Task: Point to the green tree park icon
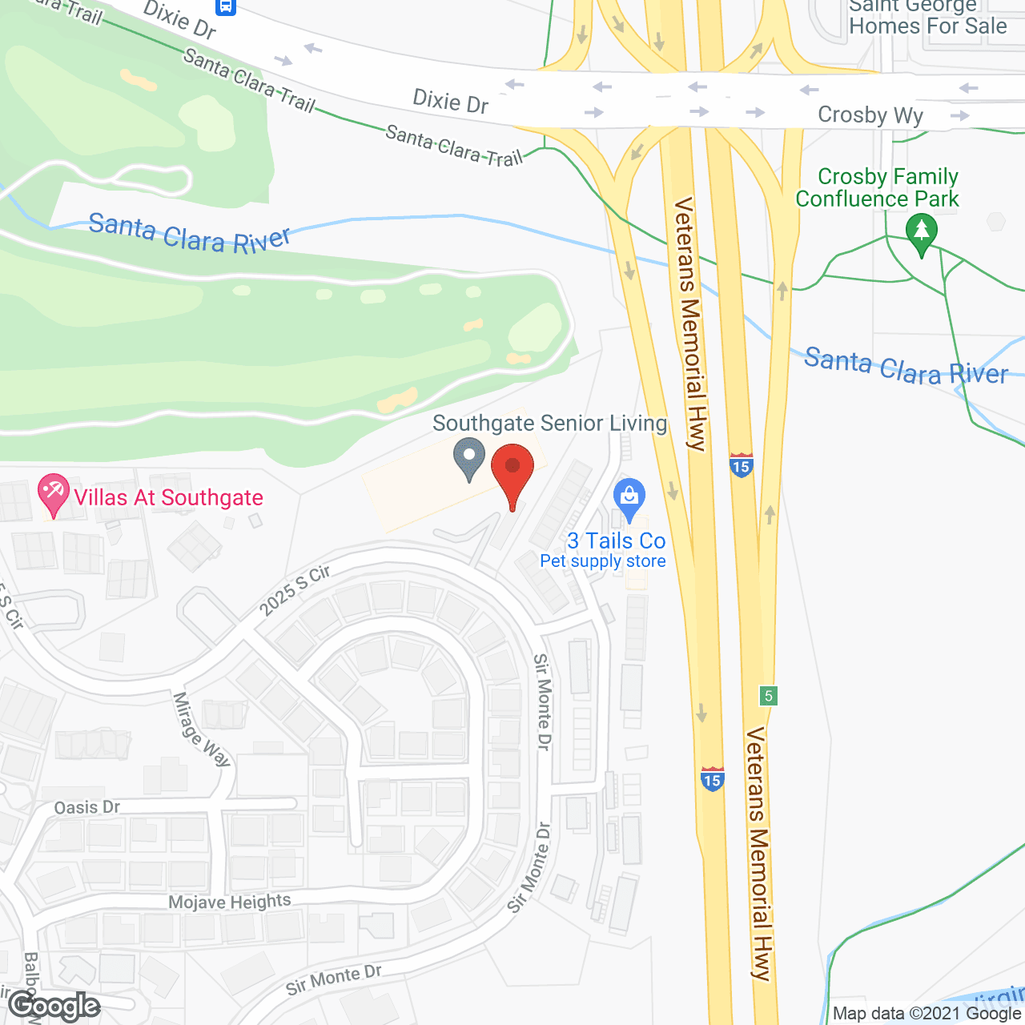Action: (x=922, y=233)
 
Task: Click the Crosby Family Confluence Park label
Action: (x=878, y=187)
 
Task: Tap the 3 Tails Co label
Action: (x=617, y=541)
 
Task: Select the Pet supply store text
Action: (x=603, y=561)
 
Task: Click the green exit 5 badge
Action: (x=769, y=695)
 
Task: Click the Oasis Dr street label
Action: (x=87, y=807)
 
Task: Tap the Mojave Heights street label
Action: (x=230, y=902)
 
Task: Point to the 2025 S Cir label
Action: (x=295, y=591)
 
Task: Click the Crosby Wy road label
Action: (x=870, y=115)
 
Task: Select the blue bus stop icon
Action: (x=226, y=6)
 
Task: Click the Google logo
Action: (x=54, y=1006)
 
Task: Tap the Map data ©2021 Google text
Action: (x=927, y=1014)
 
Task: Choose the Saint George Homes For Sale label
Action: (x=927, y=18)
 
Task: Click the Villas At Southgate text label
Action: (x=168, y=497)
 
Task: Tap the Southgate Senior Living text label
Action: (x=549, y=423)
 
